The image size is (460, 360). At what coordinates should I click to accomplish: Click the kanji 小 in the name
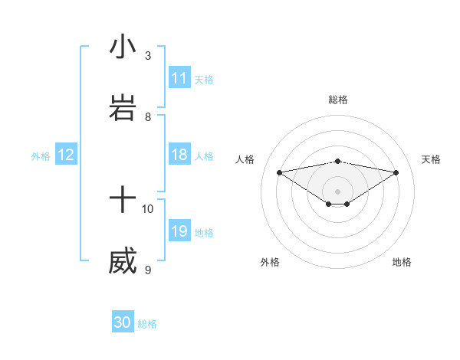coord(123,47)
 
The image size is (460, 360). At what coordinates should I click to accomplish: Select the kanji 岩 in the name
coord(123,109)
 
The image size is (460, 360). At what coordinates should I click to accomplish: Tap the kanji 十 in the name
coord(123,201)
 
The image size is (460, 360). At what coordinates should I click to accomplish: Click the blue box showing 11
coord(179,78)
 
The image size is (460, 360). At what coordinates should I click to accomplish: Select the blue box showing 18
coord(179,155)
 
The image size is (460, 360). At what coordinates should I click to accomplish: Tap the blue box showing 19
coord(179,232)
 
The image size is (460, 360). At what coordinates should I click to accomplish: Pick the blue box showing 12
coord(66,155)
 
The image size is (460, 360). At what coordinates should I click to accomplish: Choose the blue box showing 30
coord(123,322)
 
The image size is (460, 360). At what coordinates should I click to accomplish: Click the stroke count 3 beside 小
coord(148,56)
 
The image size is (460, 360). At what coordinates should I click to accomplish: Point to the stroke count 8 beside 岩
coord(148,117)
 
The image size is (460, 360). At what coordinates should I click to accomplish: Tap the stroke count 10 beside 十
coord(148,209)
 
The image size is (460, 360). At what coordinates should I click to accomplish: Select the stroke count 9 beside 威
coord(148,270)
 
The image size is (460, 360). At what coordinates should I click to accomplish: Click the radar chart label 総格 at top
coord(338,100)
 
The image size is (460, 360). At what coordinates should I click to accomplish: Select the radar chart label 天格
coord(431,159)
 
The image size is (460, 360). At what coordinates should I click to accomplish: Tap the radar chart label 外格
coord(270,262)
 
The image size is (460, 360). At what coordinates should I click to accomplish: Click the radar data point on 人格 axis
coord(280,172)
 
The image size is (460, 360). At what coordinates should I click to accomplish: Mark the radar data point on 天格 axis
coord(396,172)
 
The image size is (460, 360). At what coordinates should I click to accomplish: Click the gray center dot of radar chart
coord(338,191)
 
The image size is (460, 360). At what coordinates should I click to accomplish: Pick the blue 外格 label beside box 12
coord(41,156)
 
